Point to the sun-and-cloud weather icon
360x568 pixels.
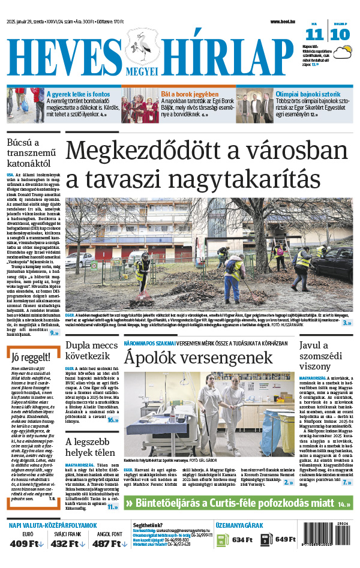click(x=343, y=53)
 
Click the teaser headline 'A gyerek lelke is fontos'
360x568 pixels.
click(x=79, y=94)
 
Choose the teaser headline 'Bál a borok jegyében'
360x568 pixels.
click(x=189, y=94)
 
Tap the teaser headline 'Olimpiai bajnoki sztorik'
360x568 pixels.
click(x=308, y=94)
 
